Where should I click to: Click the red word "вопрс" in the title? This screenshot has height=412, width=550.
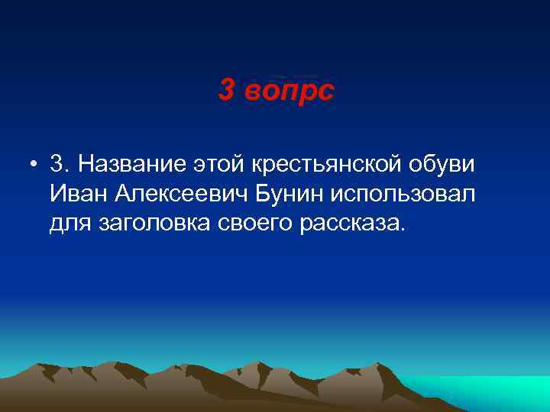tap(290, 91)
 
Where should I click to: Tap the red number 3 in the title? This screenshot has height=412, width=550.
tap(226, 91)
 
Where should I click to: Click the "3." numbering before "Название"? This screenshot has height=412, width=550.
tap(60, 164)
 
